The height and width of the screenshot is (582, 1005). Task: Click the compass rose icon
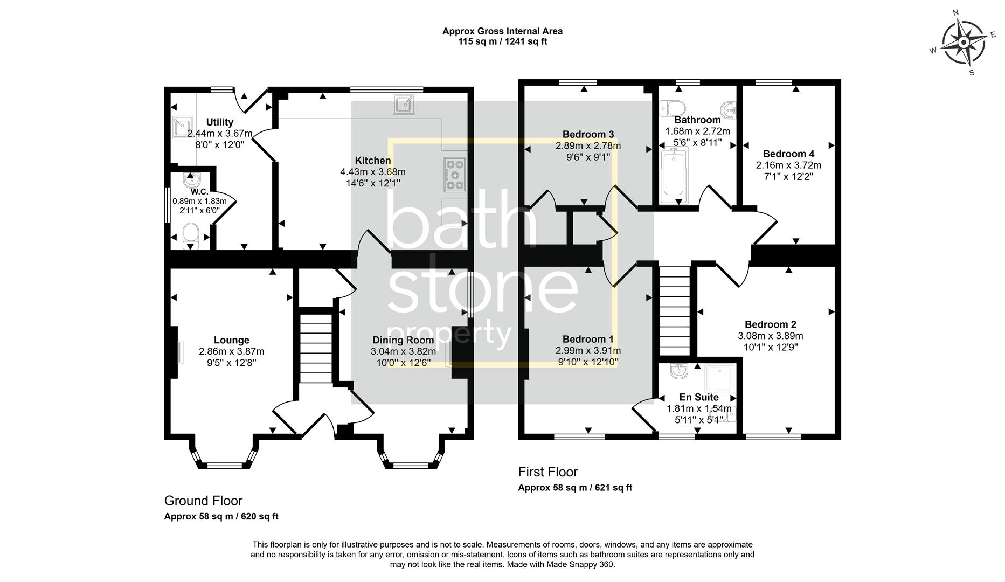point(964,43)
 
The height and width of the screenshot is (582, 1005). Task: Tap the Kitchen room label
point(373,161)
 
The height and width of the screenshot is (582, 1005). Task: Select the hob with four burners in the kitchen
point(455,175)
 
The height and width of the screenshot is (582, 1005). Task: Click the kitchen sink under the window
point(404,105)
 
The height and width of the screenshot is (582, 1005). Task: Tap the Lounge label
point(232,340)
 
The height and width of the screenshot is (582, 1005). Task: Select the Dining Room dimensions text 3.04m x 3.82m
point(403,351)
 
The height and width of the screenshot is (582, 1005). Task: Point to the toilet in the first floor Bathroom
point(674,106)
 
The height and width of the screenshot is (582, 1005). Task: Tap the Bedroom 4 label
point(788,154)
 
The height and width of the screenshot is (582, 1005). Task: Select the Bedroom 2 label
point(770,324)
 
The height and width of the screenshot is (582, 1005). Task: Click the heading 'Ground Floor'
point(203,501)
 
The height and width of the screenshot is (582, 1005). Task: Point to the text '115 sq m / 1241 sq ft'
point(502,41)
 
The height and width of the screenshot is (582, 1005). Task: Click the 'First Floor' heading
point(547,472)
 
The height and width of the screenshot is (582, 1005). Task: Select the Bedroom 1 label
point(588,339)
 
